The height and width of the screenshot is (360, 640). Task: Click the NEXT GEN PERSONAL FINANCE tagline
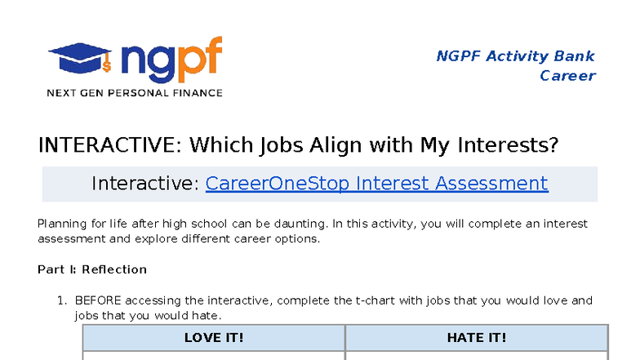click(134, 93)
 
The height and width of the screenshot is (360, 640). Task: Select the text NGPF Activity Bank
click(515, 56)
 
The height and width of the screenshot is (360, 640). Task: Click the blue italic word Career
click(567, 76)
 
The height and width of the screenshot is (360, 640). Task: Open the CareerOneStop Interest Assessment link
click(376, 183)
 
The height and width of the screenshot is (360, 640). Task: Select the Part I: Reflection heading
click(92, 269)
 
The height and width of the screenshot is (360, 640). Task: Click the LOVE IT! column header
click(214, 337)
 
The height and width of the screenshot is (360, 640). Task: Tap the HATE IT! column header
click(477, 337)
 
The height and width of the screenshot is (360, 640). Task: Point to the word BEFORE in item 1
click(98, 300)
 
